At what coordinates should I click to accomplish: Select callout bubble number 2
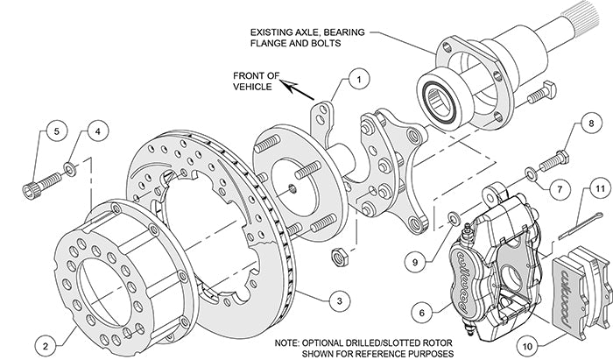(45, 342)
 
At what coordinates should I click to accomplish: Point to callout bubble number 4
(98, 132)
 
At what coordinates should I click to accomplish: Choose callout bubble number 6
(422, 311)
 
